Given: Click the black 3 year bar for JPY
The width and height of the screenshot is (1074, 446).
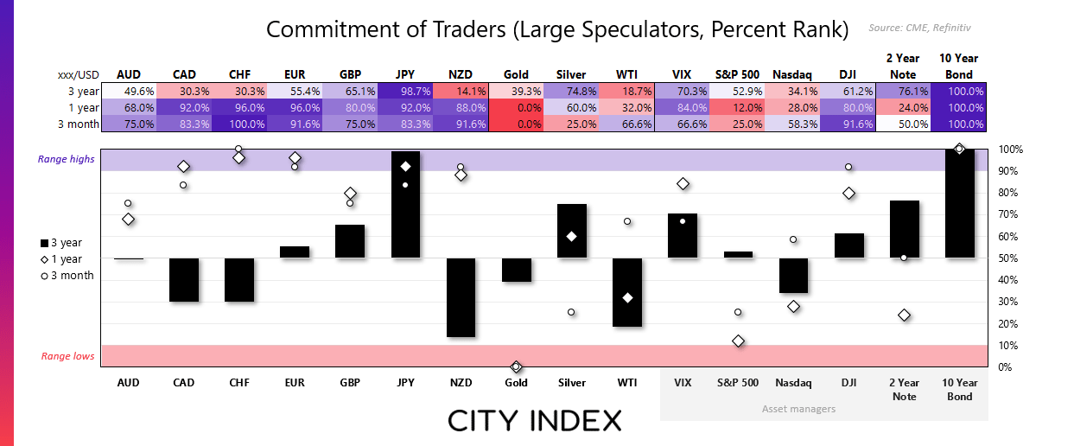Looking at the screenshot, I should click(405, 204).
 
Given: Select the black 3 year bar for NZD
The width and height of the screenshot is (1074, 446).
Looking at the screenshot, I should click(461, 297).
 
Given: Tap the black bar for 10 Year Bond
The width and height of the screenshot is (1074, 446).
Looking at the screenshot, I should click(959, 203).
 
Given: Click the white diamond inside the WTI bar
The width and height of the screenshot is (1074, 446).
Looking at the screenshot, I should click(627, 297).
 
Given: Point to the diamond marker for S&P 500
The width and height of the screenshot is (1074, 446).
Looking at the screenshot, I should click(738, 341).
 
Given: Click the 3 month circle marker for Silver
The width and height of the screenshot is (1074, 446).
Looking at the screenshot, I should click(571, 312).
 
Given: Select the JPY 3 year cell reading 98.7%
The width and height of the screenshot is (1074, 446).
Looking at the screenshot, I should click(405, 92).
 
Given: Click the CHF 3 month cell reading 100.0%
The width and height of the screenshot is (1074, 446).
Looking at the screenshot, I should click(238, 124).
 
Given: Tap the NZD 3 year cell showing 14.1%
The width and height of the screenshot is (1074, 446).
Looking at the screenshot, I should click(461, 92).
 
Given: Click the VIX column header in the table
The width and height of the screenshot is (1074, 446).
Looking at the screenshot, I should click(682, 74).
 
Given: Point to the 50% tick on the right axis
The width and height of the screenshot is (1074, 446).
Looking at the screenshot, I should click(1010, 258).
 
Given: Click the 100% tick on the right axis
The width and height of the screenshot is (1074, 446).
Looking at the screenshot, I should click(1010, 150).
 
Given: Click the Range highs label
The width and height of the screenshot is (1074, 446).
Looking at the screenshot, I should click(67, 160).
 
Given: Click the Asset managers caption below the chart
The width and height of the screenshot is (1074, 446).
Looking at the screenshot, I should click(798, 408).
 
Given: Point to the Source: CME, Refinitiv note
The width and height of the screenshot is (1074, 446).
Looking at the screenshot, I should click(925, 29).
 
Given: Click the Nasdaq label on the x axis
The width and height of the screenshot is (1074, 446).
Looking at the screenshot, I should click(793, 383).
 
